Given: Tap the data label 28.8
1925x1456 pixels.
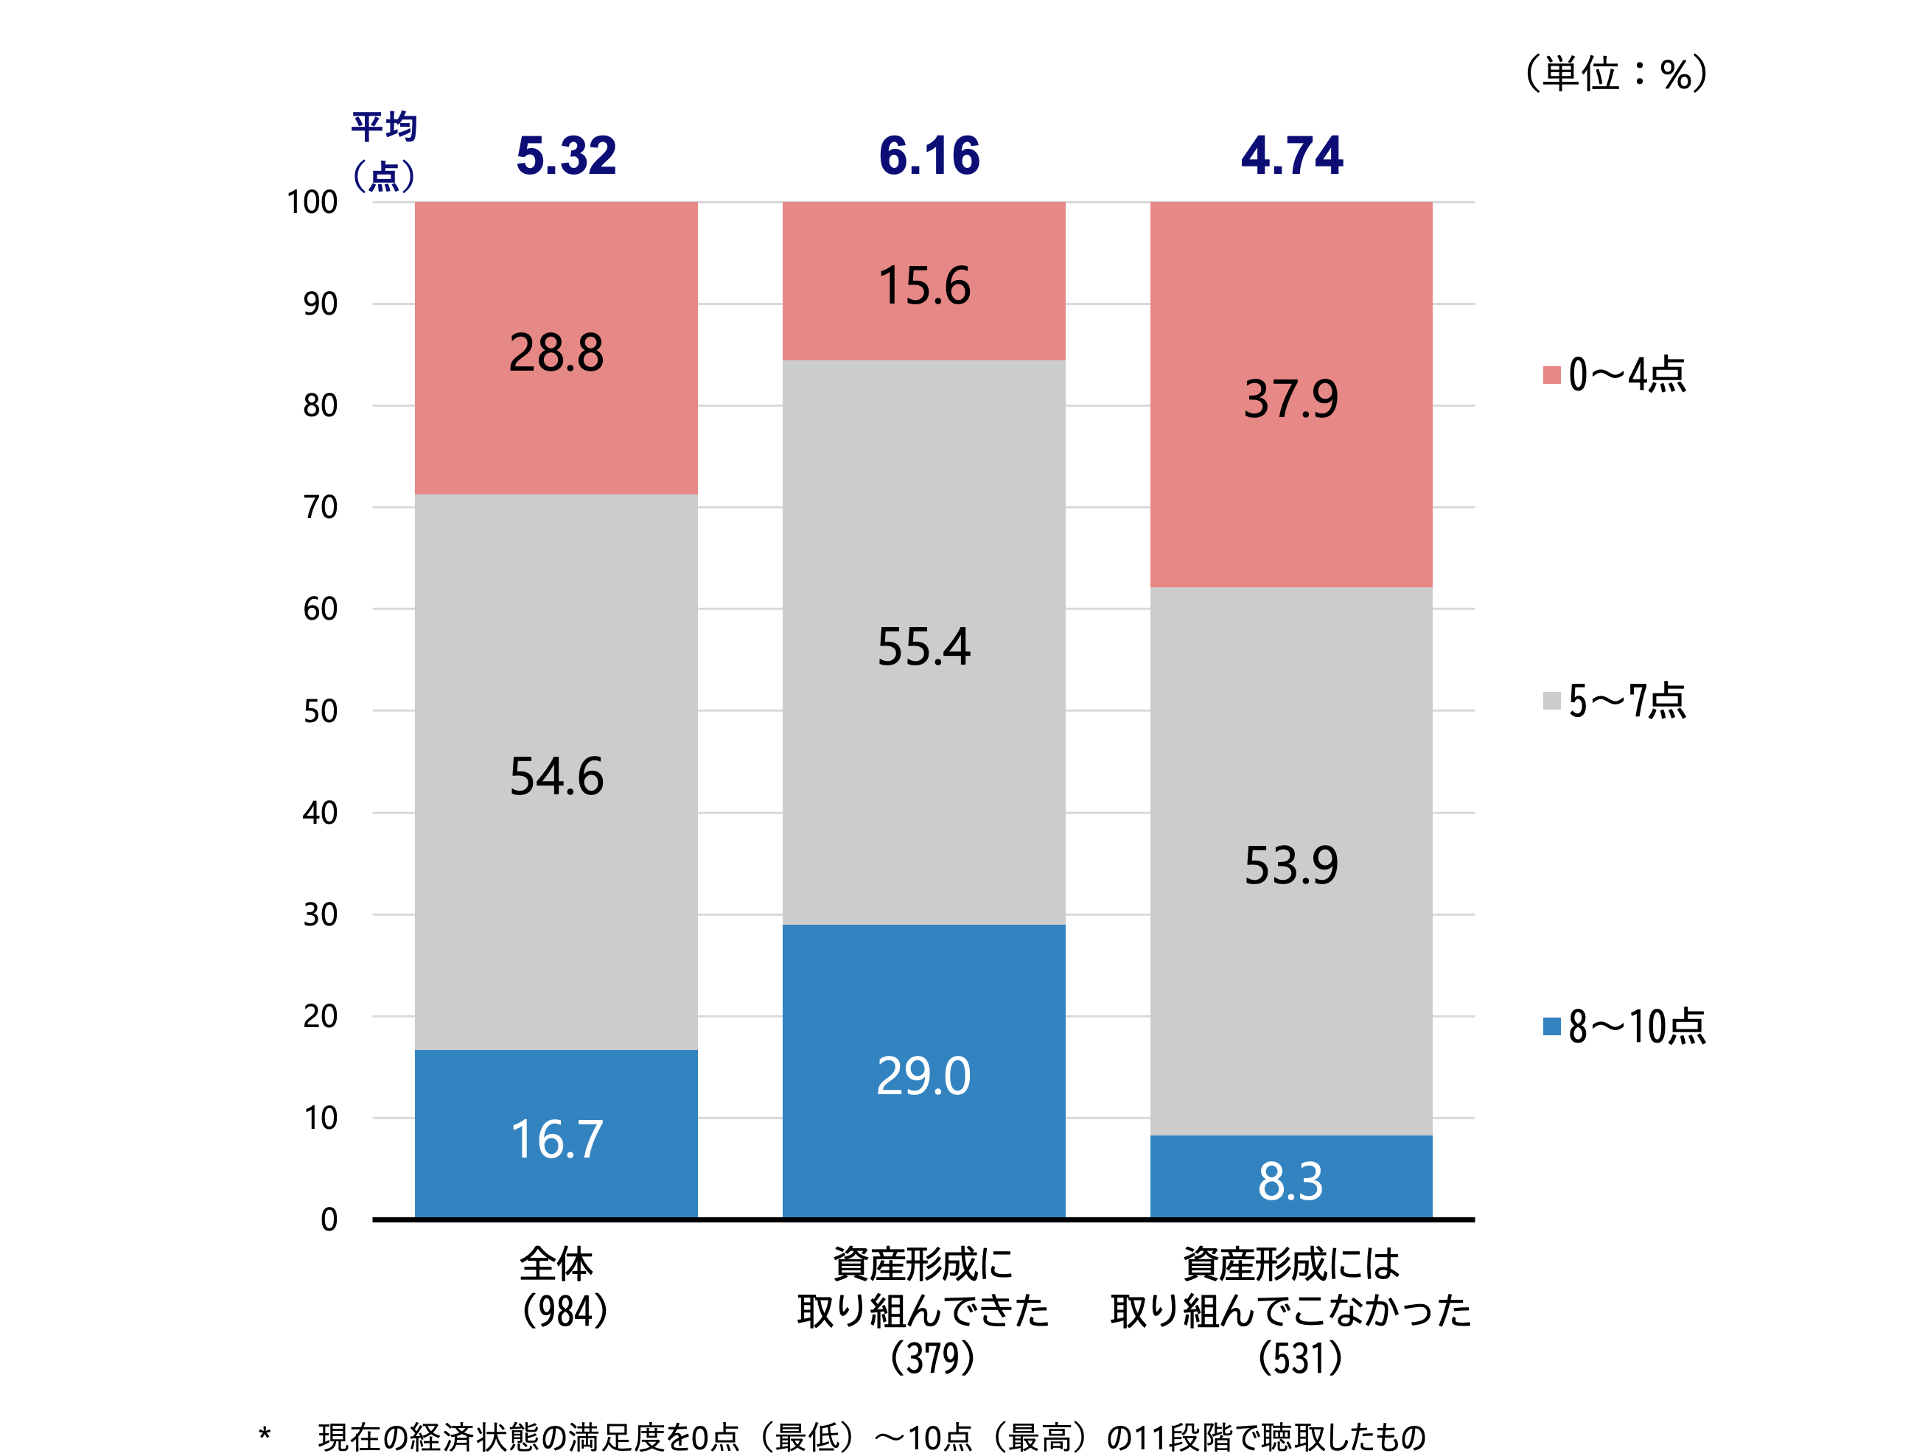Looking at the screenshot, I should [x=556, y=352].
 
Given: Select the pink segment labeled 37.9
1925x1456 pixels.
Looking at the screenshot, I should [x=1290, y=396].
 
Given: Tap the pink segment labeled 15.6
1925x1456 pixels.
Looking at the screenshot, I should [x=923, y=284].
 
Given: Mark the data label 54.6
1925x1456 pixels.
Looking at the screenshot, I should [x=556, y=775].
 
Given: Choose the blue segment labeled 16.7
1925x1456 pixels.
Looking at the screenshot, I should [x=556, y=1135].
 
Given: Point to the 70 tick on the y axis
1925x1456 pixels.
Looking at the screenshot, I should [x=321, y=506].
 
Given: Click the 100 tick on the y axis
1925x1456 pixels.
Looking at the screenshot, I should [x=312, y=202].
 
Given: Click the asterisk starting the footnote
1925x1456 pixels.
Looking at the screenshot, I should [x=265, y=1433].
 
